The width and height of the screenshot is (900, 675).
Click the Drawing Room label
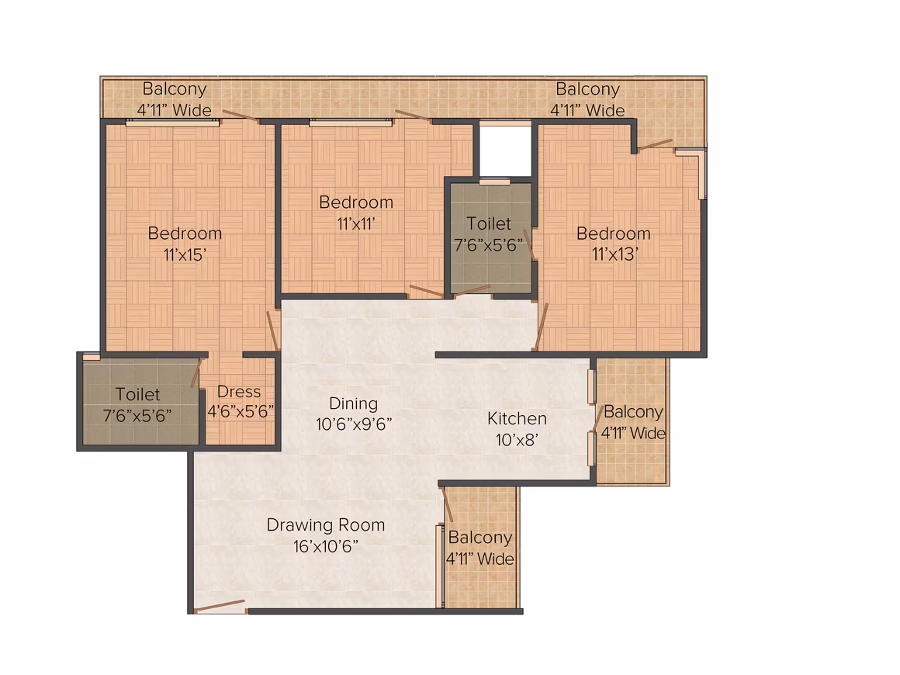325,524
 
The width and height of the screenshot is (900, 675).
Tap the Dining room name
354,403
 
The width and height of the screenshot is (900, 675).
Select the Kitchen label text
517,418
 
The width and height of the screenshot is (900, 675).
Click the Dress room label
239,392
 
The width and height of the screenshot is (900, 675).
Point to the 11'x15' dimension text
185,254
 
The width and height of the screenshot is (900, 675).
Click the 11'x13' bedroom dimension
614,254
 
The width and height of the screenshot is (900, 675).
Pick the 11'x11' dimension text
356,223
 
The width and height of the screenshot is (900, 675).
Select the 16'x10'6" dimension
325,546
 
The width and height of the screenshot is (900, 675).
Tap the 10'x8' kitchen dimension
517,440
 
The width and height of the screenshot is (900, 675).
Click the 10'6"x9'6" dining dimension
354,424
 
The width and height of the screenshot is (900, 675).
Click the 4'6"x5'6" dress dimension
241,411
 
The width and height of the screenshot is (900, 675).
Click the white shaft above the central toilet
505,151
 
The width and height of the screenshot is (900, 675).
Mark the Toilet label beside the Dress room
138,394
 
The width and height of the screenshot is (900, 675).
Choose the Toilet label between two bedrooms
489,223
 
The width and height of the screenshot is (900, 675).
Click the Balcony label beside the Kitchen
633,411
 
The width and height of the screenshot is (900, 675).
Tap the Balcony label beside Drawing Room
479,537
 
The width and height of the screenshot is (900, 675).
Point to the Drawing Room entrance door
220,606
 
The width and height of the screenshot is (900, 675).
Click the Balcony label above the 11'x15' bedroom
174,89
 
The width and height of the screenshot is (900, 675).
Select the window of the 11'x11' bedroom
351,123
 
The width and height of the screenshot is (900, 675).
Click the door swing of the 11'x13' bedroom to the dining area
541,326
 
